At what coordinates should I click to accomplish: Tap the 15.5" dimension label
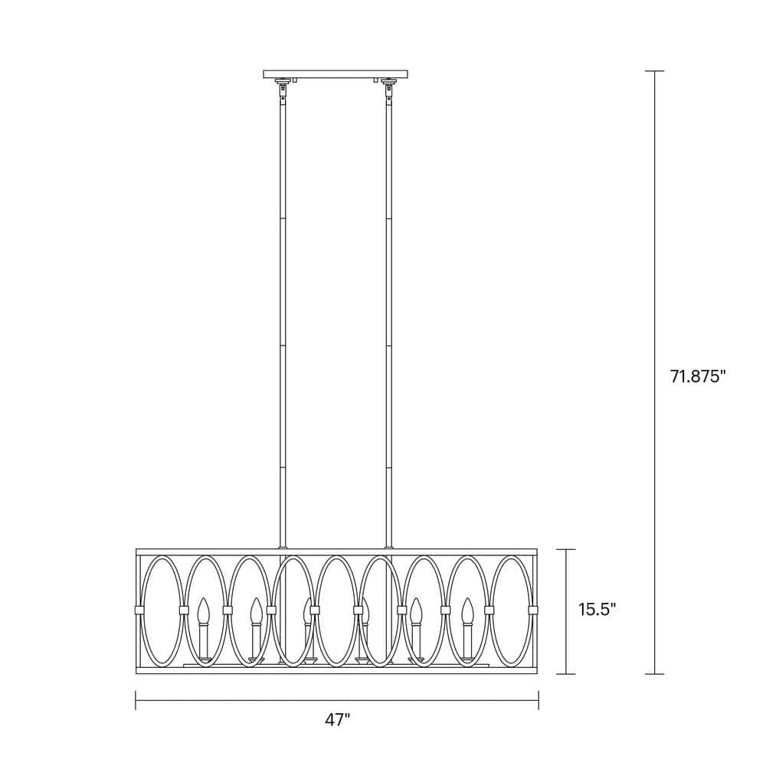(597, 609)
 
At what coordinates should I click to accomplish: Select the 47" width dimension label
(338, 719)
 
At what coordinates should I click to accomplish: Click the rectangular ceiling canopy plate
(336, 74)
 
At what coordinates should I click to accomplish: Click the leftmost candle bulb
(203, 611)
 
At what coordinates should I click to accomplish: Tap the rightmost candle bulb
(468, 611)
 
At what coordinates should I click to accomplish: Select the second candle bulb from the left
(256, 611)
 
